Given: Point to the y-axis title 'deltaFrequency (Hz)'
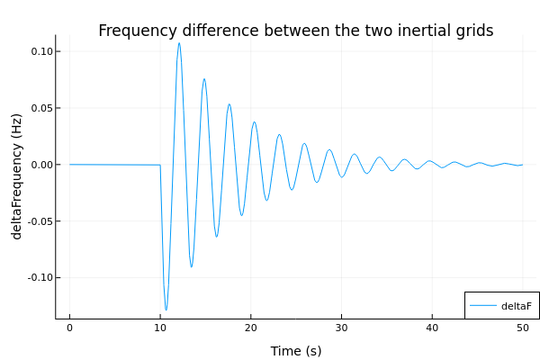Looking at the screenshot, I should [17, 176].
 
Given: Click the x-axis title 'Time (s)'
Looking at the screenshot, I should [296, 351].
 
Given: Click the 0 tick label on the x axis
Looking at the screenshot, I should [69, 328].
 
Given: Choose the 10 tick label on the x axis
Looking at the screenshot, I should [160, 328].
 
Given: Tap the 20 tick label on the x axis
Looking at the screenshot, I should [251, 328].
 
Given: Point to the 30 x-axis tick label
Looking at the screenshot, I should [341, 328].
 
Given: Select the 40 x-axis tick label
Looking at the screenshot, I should [432, 328].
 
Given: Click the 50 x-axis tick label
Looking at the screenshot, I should [522, 328].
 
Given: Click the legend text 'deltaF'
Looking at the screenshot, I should [517, 306].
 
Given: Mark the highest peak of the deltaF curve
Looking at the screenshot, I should [179, 43].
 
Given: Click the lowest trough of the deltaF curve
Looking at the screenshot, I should [166, 310].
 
